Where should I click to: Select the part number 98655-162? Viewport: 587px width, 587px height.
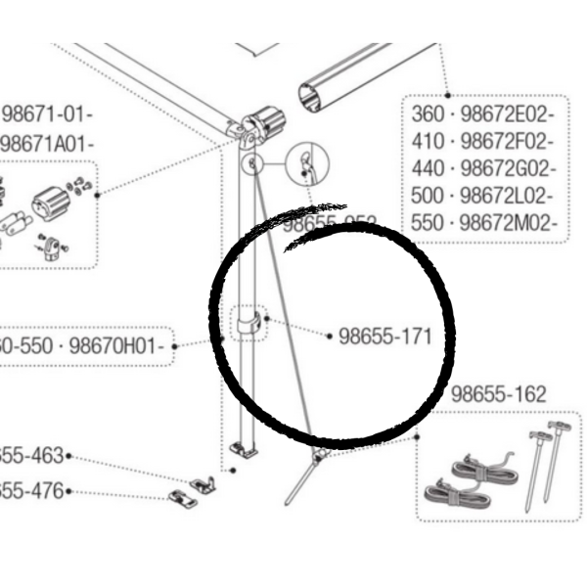point(498,394)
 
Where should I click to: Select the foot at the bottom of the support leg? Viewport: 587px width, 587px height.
point(245,449)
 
